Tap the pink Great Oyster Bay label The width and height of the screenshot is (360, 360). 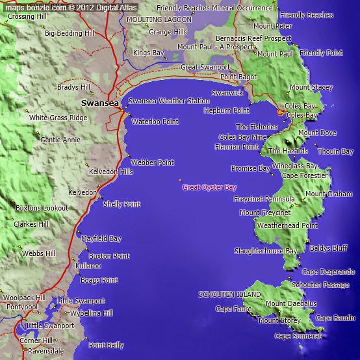click(x=209, y=187)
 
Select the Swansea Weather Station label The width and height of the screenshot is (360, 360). click(x=169, y=101)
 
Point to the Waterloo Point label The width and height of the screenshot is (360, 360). click(x=155, y=122)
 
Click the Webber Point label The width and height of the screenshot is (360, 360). click(x=153, y=162)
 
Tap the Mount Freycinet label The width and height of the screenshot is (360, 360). click(x=265, y=212)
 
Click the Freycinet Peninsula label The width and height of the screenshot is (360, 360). click(x=264, y=198)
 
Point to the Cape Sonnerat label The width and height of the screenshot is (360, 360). click(x=298, y=336)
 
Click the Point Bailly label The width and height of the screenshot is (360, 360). click(x=106, y=345)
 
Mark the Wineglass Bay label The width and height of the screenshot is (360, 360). click(x=295, y=166)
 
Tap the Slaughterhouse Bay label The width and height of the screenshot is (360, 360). click(x=266, y=250)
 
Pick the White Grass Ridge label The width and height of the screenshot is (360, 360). click(x=58, y=118)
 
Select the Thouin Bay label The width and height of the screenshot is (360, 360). click(x=335, y=151)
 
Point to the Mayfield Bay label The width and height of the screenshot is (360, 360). click(x=101, y=238)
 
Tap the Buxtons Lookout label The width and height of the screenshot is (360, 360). click(x=42, y=208)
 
